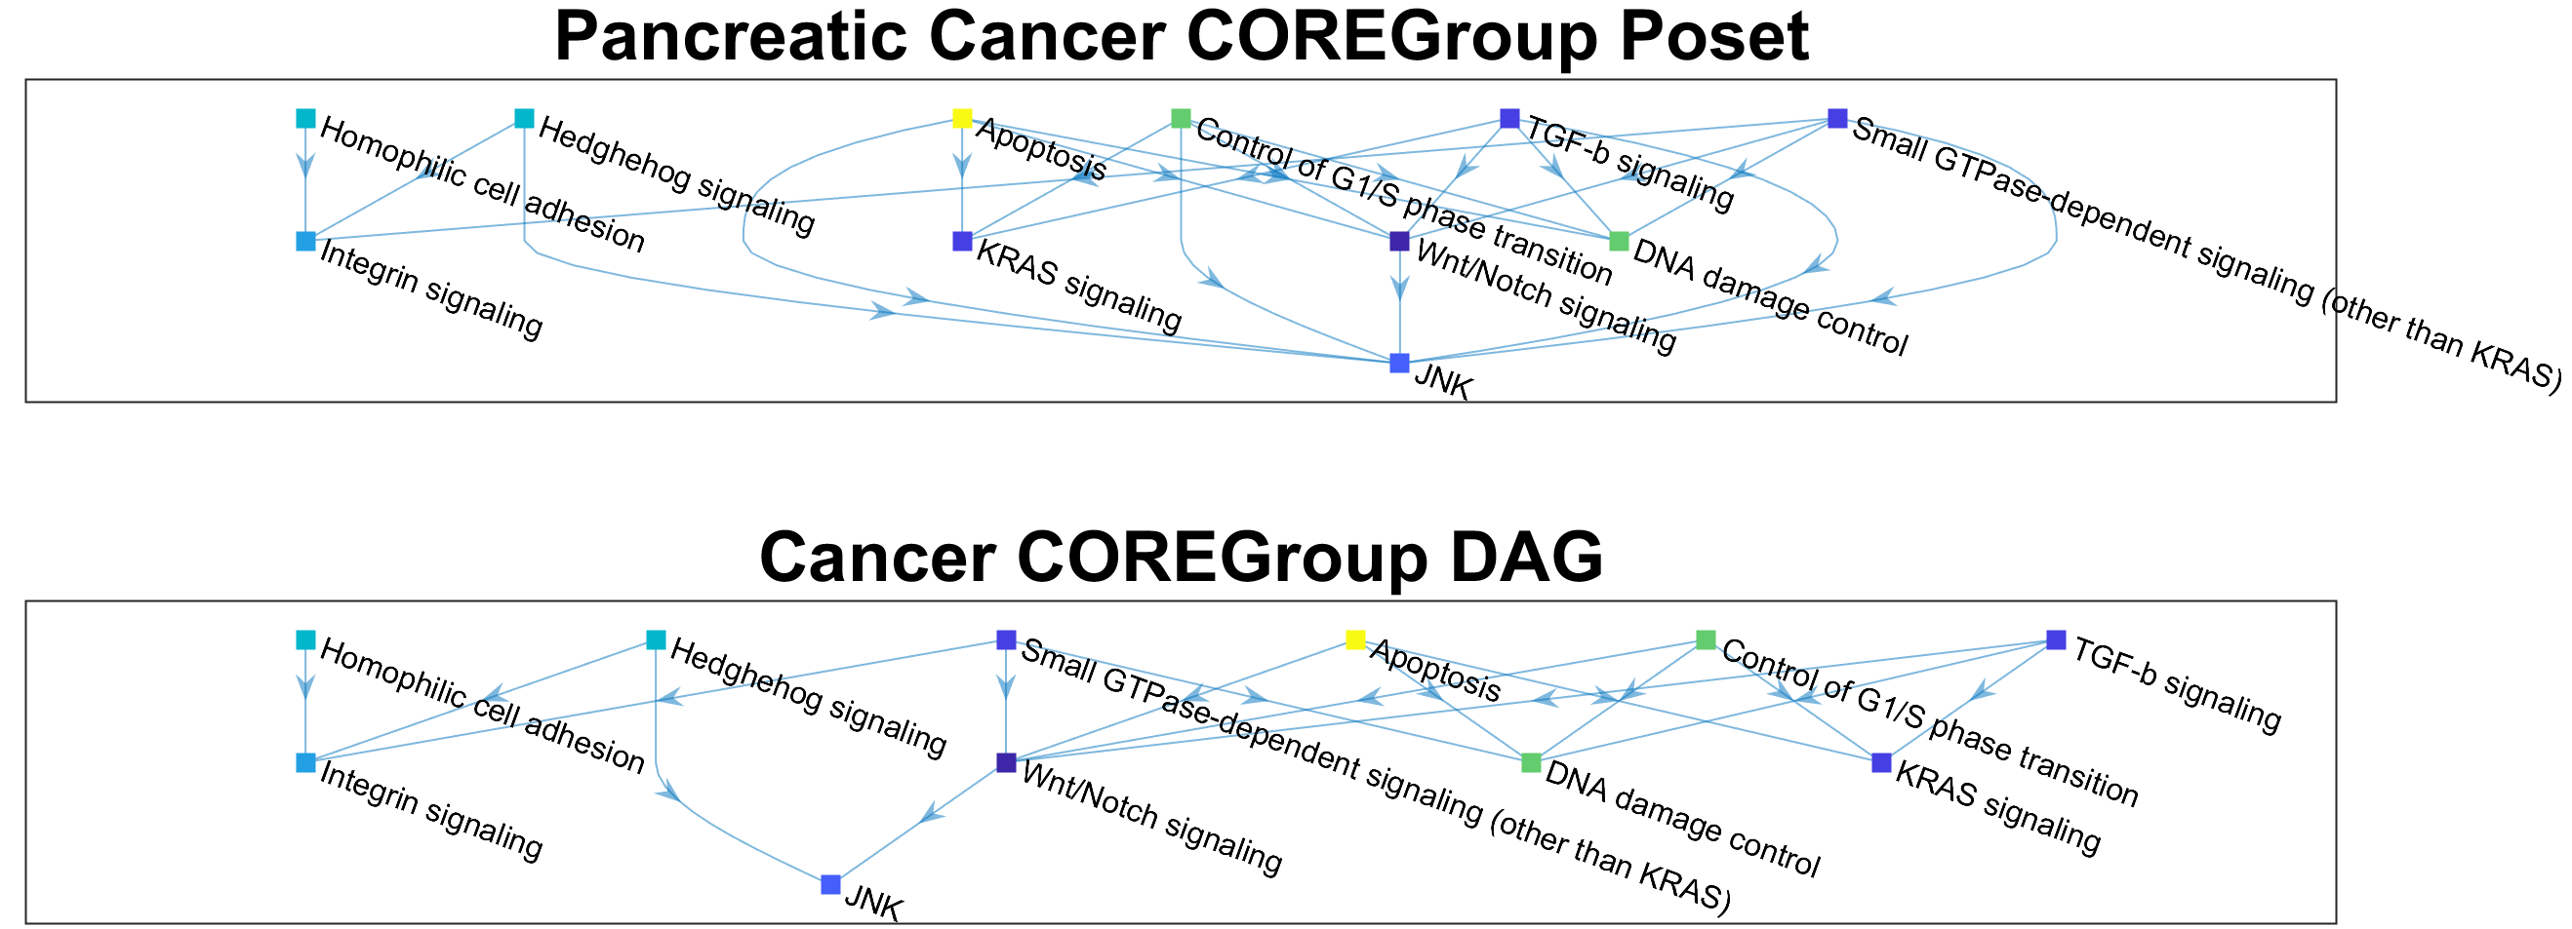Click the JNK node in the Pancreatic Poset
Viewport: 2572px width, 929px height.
point(1400,364)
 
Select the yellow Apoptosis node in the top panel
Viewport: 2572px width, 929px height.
point(961,119)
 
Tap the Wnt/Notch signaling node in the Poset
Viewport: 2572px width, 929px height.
point(1400,241)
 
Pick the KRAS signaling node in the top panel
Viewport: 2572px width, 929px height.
point(961,241)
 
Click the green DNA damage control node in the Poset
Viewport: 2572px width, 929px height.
point(1620,241)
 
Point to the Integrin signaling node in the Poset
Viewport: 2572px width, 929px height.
point(305,241)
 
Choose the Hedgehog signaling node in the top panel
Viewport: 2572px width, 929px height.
point(524,119)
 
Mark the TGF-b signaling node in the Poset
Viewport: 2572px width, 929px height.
point(1509,119)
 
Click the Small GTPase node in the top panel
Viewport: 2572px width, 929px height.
point(1837,119)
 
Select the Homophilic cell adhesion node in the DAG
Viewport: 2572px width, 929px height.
point(305,639)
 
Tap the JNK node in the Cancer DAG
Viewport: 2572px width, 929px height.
point(830,884)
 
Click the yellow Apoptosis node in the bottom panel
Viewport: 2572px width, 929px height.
point(1355,639)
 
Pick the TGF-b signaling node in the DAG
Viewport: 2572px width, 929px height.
point(2056,639)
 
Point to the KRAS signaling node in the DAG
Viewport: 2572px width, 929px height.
point(1881,762)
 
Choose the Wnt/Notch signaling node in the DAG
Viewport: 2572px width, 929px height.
point(1006,762)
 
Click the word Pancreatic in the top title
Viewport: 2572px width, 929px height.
point(730,38)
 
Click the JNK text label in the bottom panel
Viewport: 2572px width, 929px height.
point(873,904)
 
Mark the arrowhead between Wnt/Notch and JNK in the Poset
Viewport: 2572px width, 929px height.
point(1400,288)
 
